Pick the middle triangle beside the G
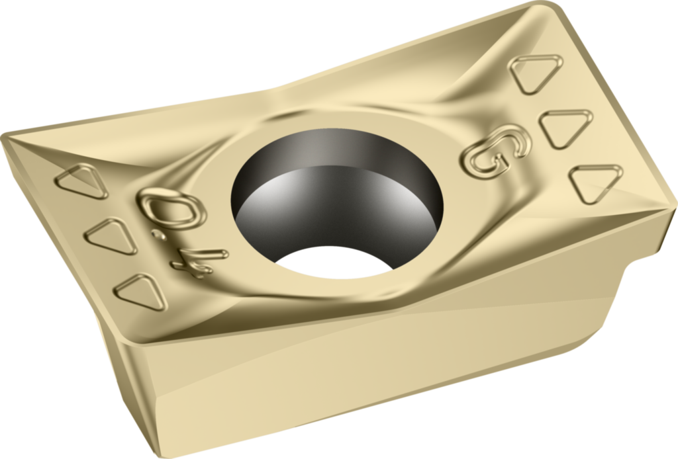(565, 127)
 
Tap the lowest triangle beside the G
(595, 183)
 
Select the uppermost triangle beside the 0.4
(82, 181)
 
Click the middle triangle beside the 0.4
(111, 235)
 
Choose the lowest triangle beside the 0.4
(140, 291)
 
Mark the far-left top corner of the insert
(5, 138)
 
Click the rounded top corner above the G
(543, 8)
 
